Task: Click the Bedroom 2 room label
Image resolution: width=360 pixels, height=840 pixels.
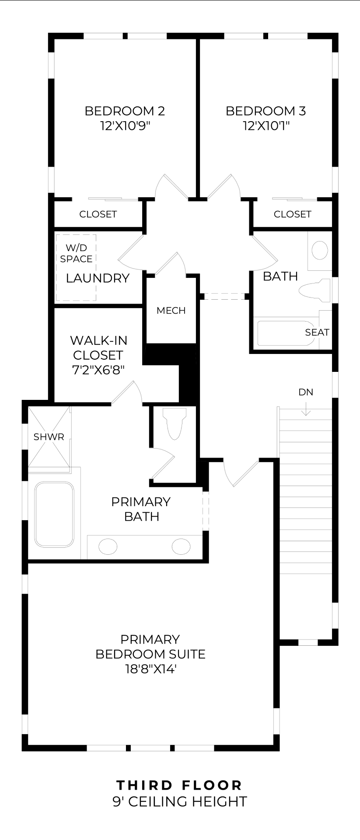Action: point(125,111)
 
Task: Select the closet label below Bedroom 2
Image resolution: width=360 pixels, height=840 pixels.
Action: point(98,214)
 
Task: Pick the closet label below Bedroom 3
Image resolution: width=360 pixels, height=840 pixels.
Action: point(293,214)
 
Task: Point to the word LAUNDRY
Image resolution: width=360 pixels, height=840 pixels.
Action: point(98,278)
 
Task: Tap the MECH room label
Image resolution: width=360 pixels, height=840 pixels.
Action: point(171,311)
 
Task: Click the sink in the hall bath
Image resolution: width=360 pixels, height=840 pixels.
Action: point(320,250)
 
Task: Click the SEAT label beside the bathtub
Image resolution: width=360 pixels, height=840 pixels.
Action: point(317,332)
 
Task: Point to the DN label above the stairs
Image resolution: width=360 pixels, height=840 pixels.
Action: point(306,392)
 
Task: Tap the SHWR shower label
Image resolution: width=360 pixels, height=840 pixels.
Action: point(49,437)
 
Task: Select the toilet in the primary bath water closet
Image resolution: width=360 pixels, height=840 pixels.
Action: point(174,423)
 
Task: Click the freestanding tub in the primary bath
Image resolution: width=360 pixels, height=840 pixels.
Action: point(54,514)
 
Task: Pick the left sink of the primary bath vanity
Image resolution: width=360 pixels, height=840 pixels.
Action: point(108,546)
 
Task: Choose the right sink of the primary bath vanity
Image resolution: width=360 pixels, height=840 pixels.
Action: point(181,546)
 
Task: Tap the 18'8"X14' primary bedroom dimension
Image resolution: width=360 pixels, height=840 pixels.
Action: point(150,669)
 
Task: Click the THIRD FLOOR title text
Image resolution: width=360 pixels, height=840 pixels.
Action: point(179,785)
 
